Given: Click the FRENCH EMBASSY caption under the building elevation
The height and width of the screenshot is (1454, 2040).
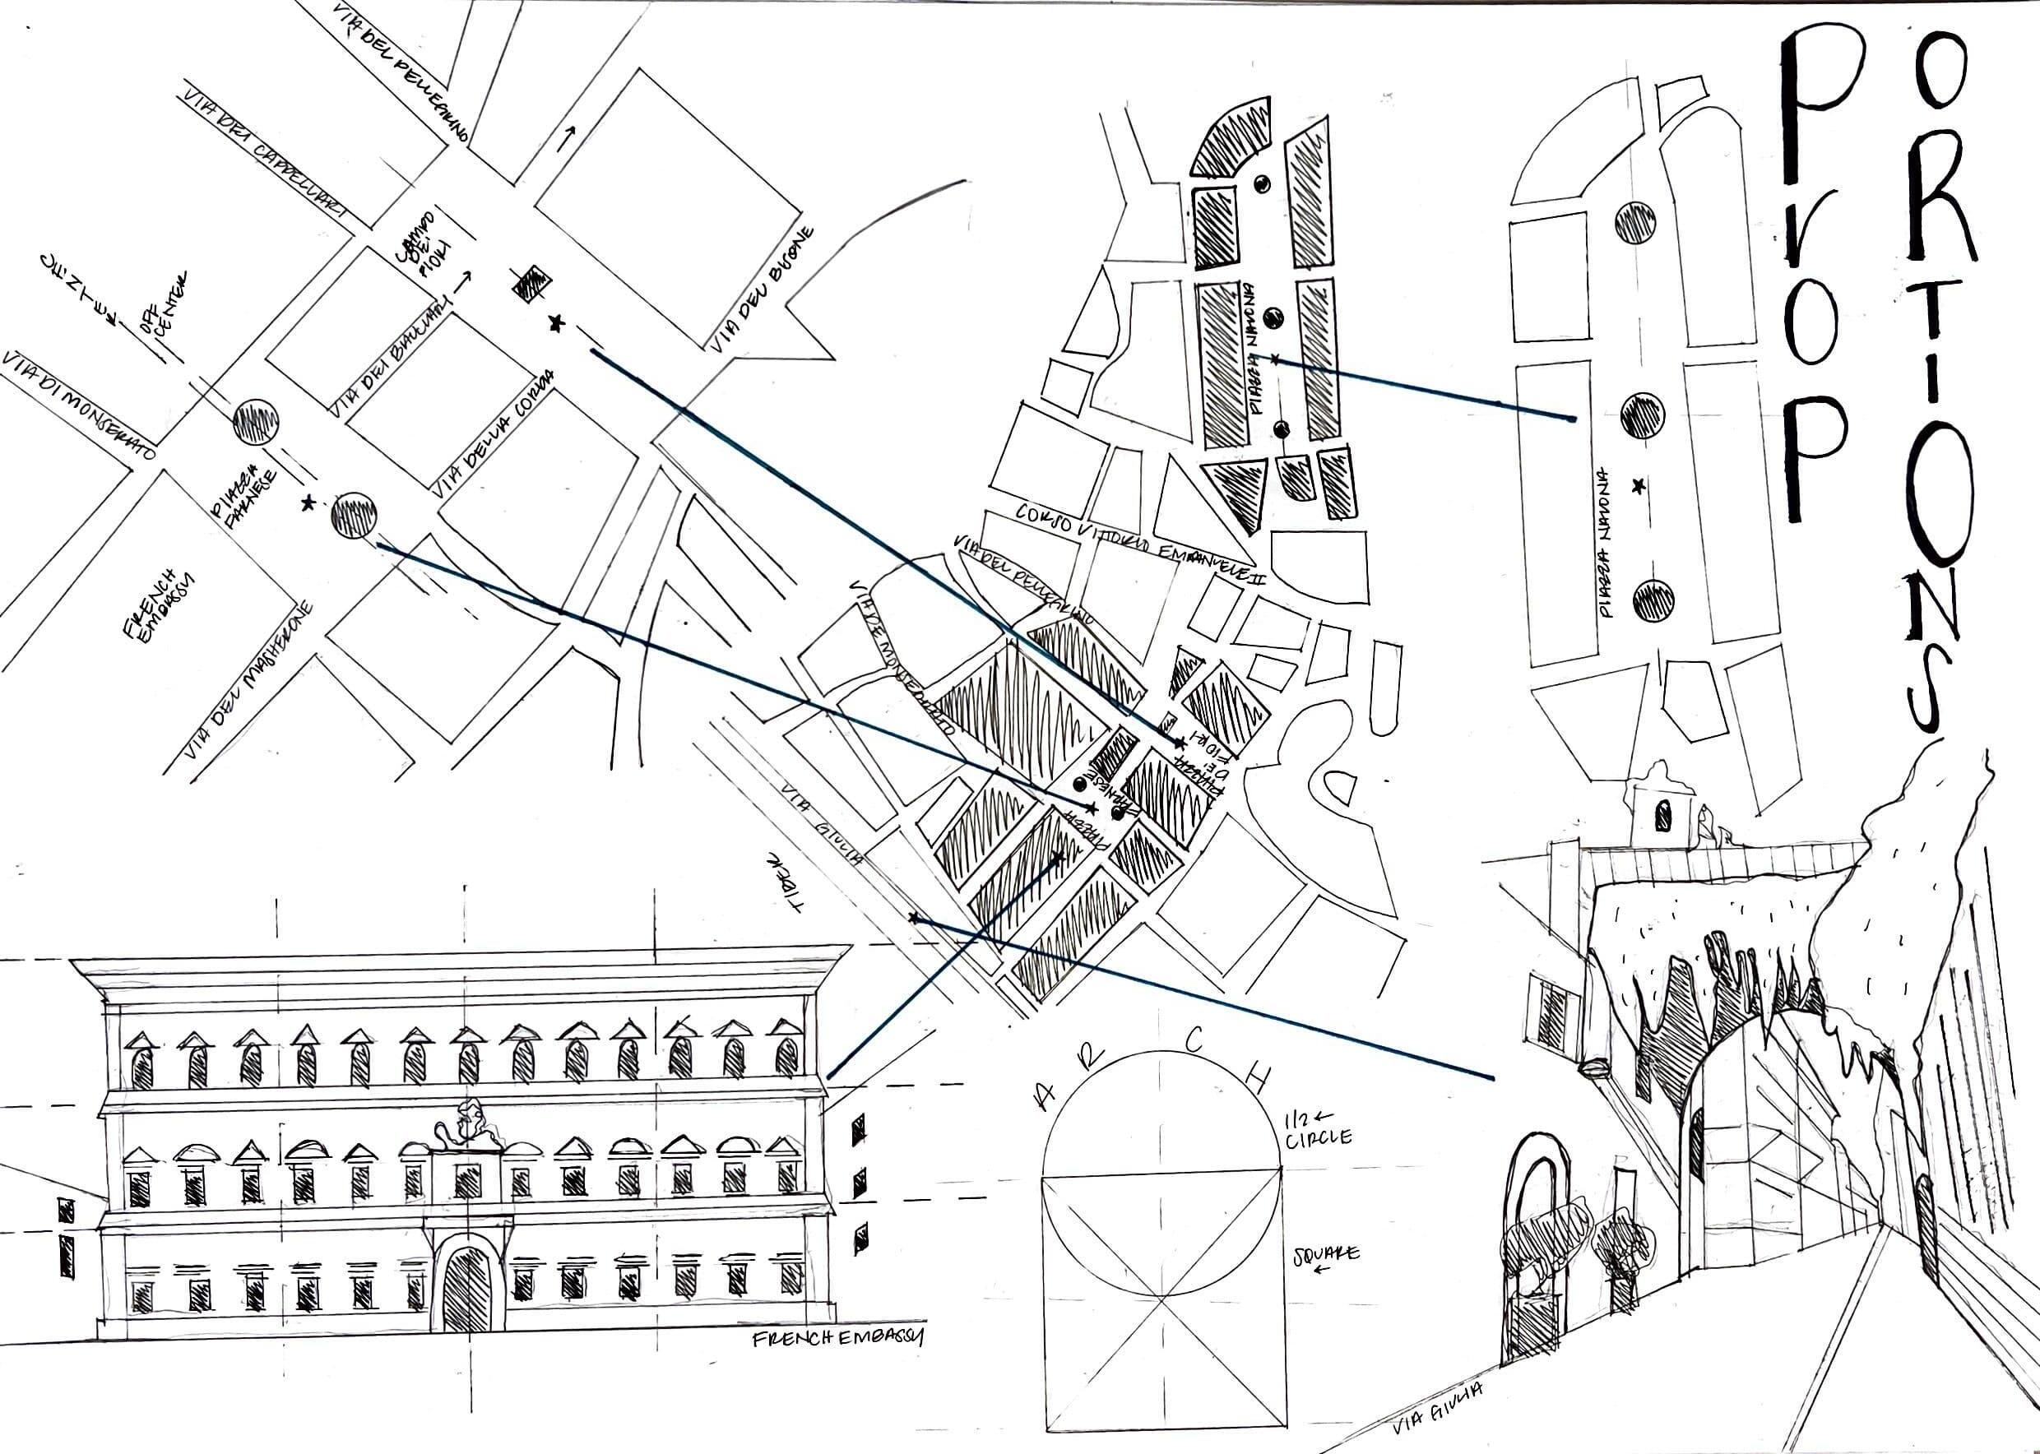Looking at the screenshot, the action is (838, 1339).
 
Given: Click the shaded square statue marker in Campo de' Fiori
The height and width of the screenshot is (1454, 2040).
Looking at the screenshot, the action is (530, 283).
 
